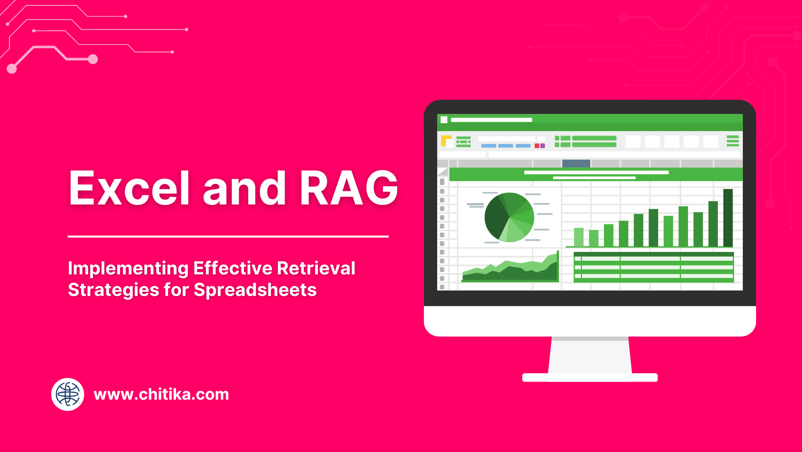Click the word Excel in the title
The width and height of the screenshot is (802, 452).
click(129, 188)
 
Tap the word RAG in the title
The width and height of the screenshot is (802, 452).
click(349, 188)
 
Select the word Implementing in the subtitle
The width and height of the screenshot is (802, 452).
click(128, 269)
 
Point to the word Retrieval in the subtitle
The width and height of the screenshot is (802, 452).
click(316, 269)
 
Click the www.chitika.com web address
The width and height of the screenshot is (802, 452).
click(161, 394)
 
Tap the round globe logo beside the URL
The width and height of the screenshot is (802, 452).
click(67, 394)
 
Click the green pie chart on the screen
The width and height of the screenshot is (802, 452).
click(509, 217)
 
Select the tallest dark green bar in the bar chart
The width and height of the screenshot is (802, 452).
click(728, 217)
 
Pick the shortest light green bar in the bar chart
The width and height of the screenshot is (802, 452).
click(594, 238)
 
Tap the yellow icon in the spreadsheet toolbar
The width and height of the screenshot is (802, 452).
click(446, 141)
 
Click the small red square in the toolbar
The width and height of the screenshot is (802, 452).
click(537, 146)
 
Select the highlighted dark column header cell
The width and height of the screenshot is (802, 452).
click(576, 163)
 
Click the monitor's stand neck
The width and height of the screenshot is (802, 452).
click(590, 356)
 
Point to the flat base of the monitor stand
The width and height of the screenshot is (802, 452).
click(590, 377)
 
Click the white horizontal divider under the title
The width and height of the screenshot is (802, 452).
click(228, 236)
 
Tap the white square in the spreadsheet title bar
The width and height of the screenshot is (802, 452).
click(444, 120)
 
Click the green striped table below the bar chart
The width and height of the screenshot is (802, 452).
click(653, 268)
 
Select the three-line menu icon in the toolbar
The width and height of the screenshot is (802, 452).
click(733, 141)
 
